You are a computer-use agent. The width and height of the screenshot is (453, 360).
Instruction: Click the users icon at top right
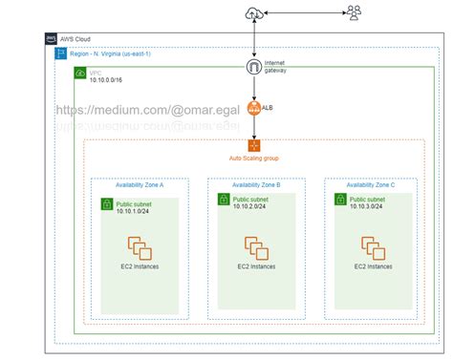coord(355,12)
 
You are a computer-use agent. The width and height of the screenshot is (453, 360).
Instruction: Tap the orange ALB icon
coord(255,110)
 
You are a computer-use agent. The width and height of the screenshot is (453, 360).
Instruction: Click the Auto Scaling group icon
coord(254,145)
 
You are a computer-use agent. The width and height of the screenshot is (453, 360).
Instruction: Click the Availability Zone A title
coord(138,184)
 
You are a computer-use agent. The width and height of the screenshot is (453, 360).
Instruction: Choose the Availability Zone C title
coord(371,184)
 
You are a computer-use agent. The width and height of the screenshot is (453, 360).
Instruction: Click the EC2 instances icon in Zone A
coord(140,249)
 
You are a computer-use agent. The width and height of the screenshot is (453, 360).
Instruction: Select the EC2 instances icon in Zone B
coord(254,249)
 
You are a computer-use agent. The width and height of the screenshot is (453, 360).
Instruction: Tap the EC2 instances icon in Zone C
coord(372,249)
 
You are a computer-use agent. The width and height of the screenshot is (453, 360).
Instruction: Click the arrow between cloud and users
coord(305,12)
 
